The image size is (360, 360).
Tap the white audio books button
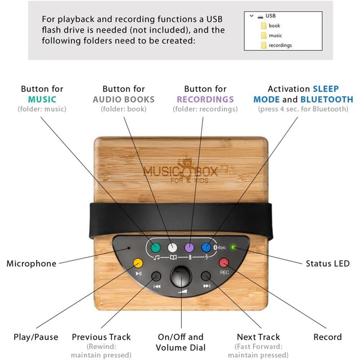tap(172, 247)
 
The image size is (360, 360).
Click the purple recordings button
tap(189, 247)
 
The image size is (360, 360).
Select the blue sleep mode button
tap(206, 247)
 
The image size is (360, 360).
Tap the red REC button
tap(224, 262)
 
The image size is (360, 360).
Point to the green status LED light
tap(233, 247)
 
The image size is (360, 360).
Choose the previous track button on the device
tap(156, 276)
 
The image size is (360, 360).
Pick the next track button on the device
tap(206, 276)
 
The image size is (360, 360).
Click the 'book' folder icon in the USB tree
tap(264, 26)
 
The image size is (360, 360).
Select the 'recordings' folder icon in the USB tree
tap(264, 45)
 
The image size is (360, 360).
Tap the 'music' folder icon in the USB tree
tap(264, 35)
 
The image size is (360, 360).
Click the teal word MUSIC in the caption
tap(42, 99)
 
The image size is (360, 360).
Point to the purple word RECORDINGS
tap(205, 99)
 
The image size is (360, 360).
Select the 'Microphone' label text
tap(31, 264)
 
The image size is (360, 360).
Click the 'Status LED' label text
tap(328, 264)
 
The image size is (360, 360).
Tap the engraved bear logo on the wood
tap(186, 167)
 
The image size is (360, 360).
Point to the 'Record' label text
tap(327, 337)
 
